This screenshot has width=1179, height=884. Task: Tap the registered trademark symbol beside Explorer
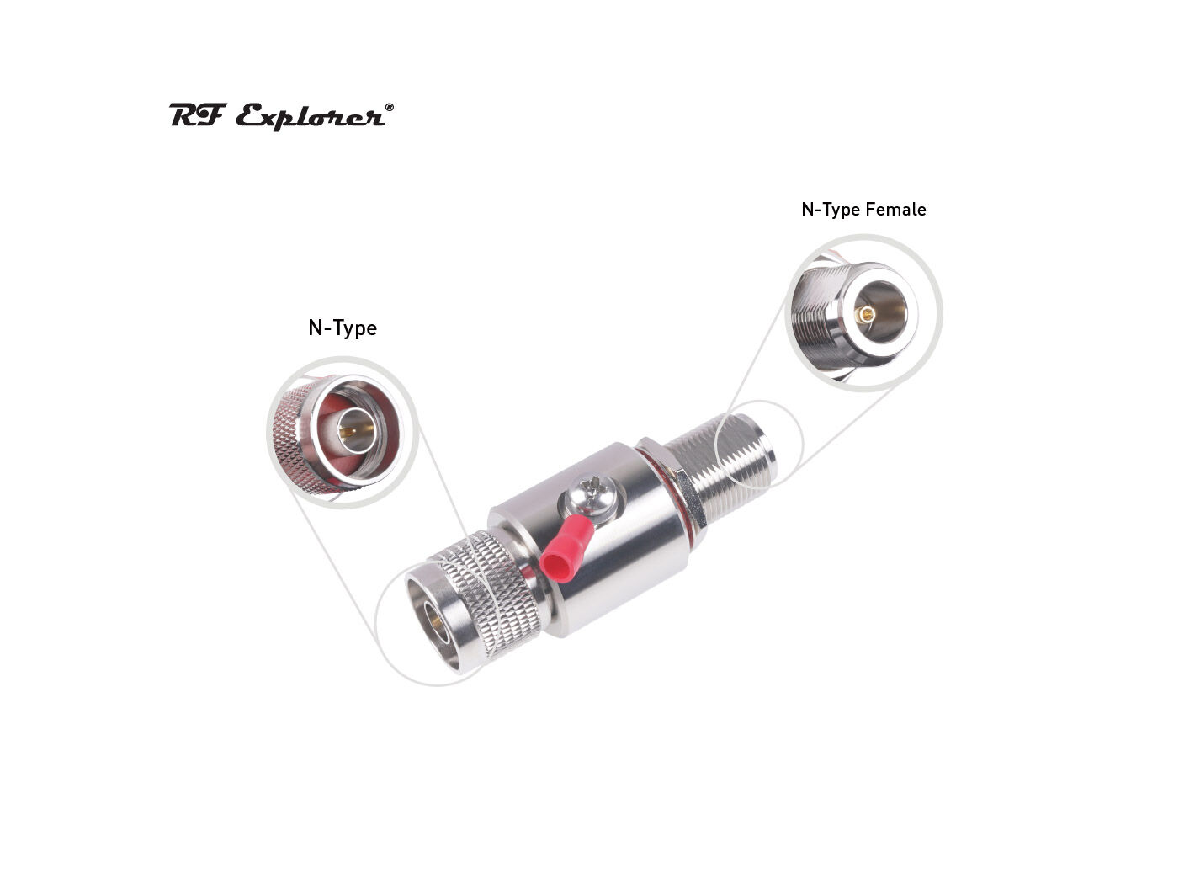click(388, 108)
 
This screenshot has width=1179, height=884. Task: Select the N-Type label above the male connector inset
click(342, 328)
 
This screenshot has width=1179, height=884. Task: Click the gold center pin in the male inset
click(349, 433)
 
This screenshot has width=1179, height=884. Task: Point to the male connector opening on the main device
click(434, 620)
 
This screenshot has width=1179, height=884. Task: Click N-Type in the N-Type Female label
click(828, 210)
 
